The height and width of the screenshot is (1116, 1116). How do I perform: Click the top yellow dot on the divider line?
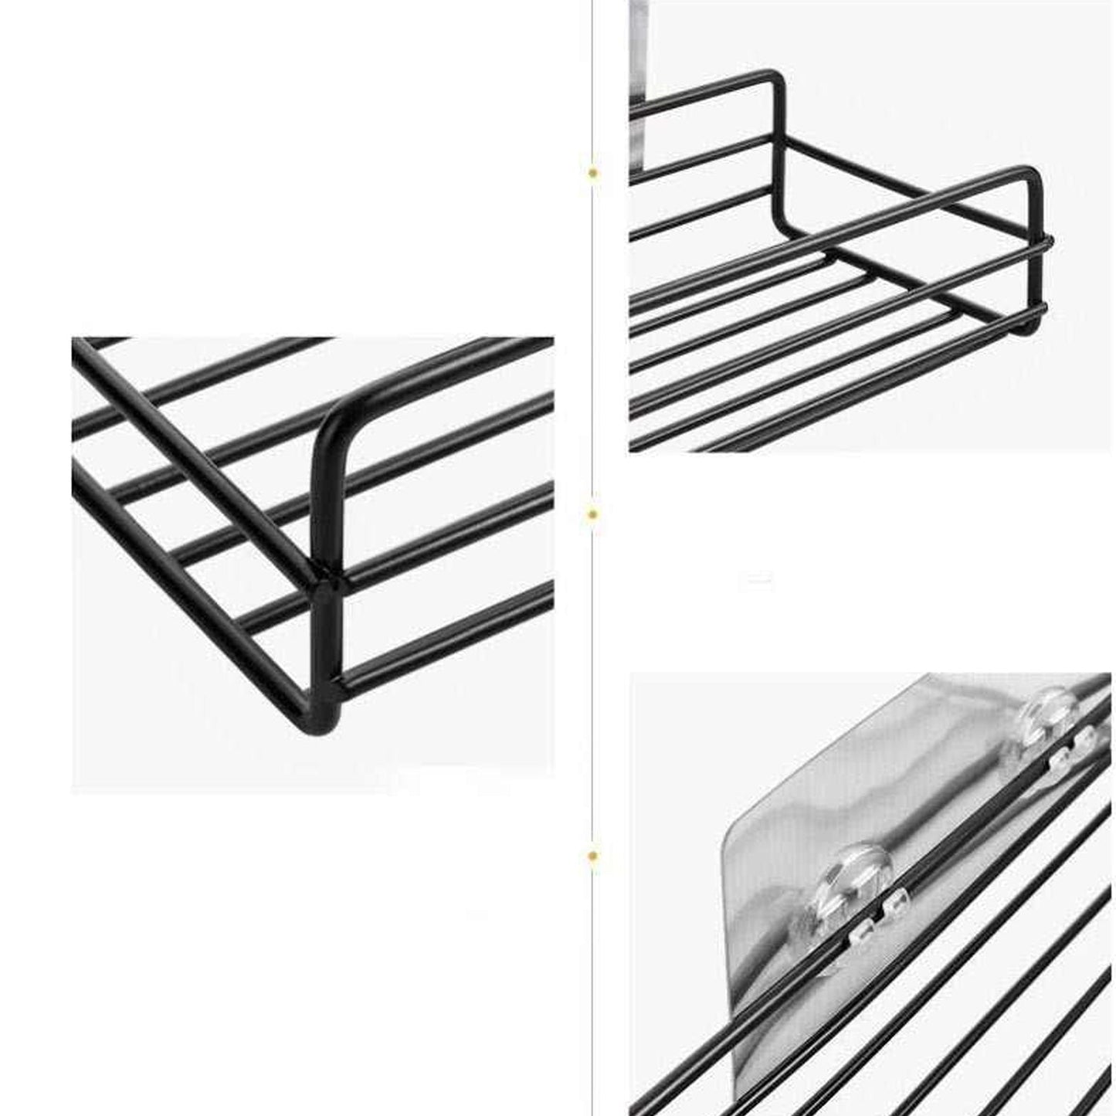click(x=592, y=173)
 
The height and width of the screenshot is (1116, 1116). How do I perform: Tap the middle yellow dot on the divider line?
click(x=592, y=514)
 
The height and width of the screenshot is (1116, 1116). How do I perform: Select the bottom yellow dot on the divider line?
click(x=592, y=855)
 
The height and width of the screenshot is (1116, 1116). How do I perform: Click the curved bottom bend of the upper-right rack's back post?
click(x=788, y=224)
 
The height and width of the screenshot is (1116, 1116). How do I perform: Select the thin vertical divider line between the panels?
click(x=592, y=348)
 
